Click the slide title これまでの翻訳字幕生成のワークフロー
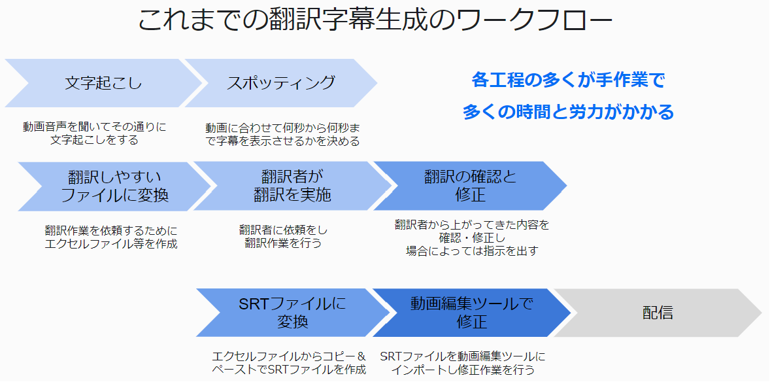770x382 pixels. [x=375, y=20]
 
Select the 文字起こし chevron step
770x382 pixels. [x=103, y=83]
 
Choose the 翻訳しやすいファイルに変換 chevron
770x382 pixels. [x=114, y=186]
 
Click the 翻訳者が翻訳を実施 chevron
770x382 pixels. [x=292, y=186]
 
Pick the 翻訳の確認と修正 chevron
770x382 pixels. [x=470, y=186]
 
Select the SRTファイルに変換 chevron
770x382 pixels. [x=292, y=313]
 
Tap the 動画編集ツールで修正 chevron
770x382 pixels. [x=471, y=313]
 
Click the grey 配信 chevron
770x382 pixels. [x=658, y=313]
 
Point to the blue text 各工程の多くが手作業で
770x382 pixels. [x=567, y=80]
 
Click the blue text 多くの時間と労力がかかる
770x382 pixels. [x=568, y=112]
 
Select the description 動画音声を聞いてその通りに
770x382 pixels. [x=95, y=127]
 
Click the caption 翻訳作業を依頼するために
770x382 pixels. [x=111, y=230]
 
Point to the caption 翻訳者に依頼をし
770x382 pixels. [x=284, y=230]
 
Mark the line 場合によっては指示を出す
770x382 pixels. [x=472, y=251]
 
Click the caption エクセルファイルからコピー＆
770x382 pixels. [x=289, y=356]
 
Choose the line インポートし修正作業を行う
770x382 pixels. [x=463, y=370]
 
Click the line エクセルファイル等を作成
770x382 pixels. [x=111, y=244]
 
